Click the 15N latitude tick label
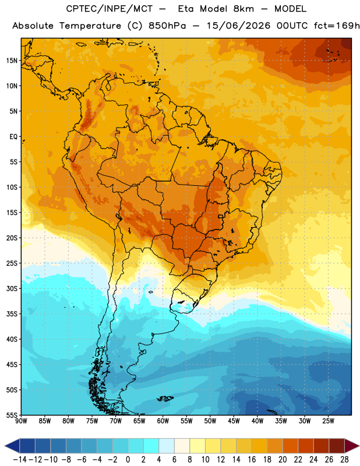point(12,61)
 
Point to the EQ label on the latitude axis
point(13,137)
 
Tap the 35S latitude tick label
point(12,314)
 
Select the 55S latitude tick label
point(12,415)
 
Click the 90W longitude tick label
point(22,421)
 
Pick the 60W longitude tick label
point(163,421)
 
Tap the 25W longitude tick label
point(328,421)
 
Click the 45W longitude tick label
point(234,421)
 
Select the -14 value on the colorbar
point(20,460)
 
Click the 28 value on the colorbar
point(344,460)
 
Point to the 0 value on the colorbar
point(128,460)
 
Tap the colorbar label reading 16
point(252,460)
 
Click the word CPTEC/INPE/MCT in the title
point(110,9)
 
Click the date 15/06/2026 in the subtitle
point(239,26)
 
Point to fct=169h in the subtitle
point(337,26)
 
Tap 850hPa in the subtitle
point(167,26)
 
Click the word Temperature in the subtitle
point(90,26)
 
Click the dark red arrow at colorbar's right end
point(352,446)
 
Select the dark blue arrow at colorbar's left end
point(12,446)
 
